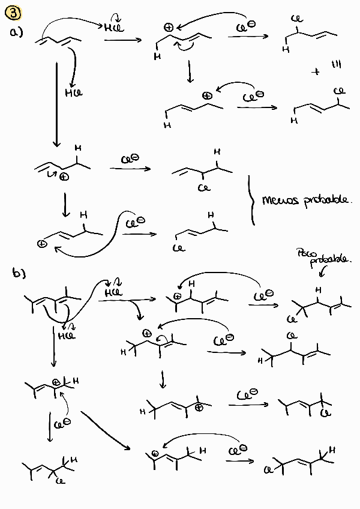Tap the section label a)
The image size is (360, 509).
tap(16, 34)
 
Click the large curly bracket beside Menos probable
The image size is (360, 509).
tap(251, 200)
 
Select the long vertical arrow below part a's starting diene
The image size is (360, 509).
tap(56, 102)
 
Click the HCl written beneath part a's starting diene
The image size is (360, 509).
tap(73, 93)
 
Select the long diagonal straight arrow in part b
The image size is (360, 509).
tap(106, 429)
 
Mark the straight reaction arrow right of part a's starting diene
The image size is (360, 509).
tap(122, 40)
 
